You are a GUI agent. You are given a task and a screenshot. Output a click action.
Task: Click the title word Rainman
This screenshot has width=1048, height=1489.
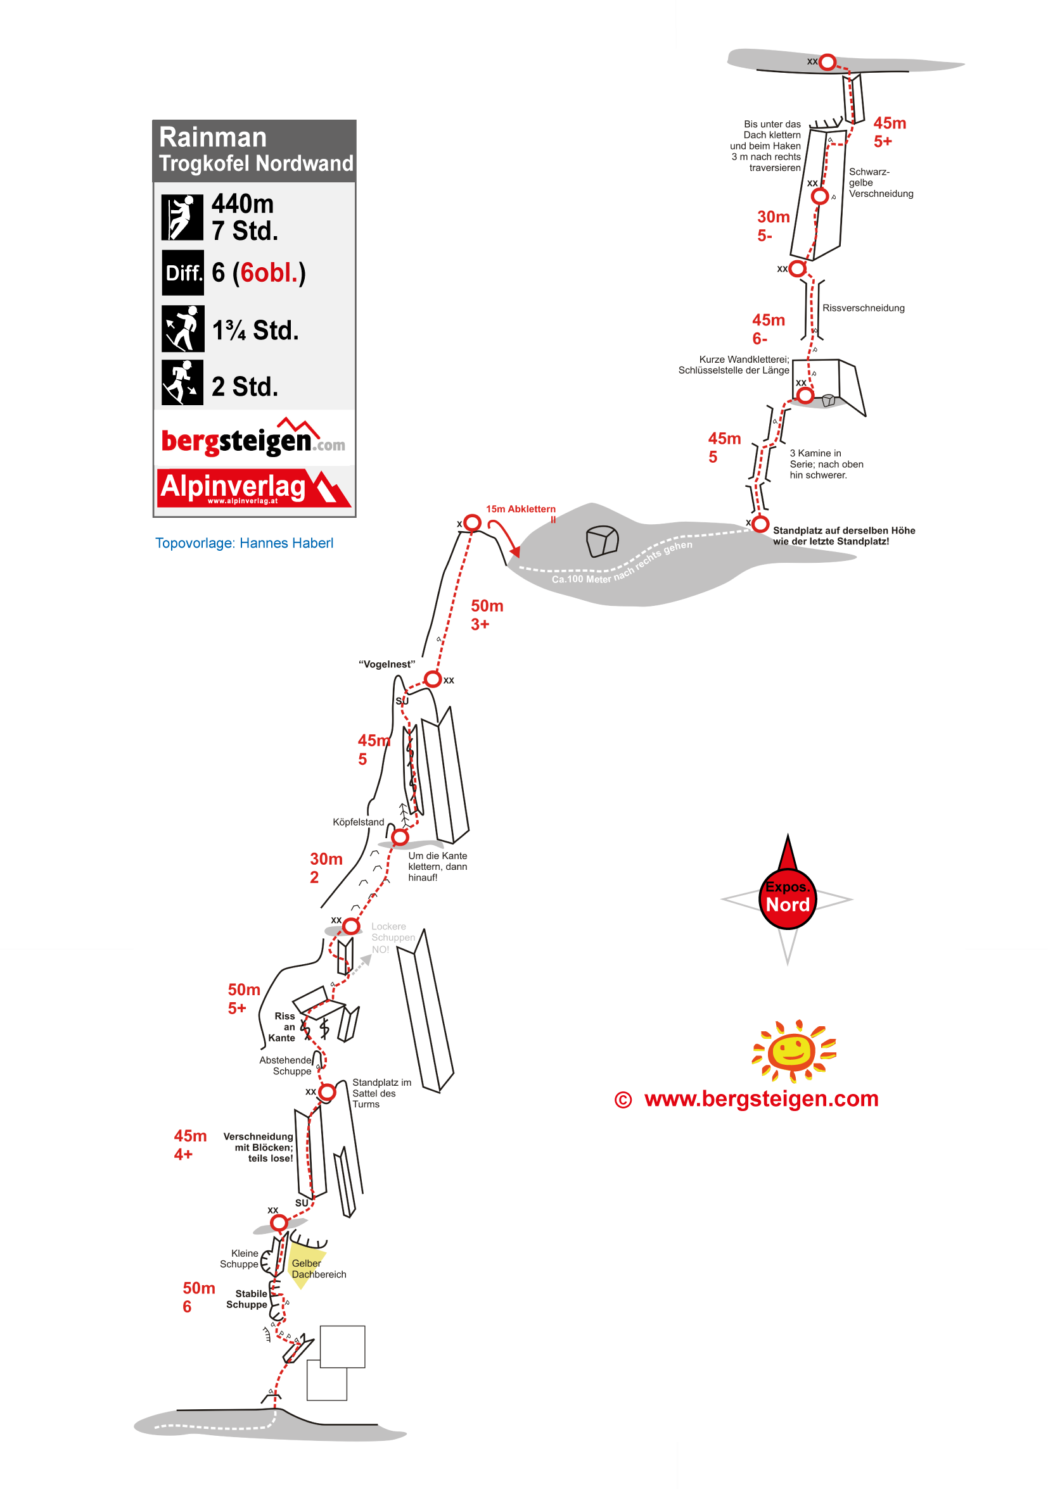tap(212, 137)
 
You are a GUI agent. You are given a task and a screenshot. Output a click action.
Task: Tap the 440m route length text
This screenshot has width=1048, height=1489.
tap(242, 204)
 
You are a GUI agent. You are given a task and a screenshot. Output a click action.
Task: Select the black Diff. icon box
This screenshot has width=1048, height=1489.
tap(182, 272)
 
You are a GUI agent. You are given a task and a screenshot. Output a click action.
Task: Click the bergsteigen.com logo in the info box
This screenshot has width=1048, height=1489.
tap(252, 439)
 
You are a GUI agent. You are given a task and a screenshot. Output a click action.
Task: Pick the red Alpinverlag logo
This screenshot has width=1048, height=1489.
tap(253, 487)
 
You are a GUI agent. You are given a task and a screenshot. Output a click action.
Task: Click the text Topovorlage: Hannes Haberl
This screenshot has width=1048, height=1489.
tap(244, 543)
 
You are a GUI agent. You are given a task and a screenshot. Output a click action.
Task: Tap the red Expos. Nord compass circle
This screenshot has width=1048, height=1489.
tap(787, 898)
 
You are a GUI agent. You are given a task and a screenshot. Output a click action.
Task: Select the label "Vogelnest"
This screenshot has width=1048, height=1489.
tap(387, 664)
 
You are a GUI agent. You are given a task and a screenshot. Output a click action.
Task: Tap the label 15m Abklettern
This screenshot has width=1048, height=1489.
tap(520, 509)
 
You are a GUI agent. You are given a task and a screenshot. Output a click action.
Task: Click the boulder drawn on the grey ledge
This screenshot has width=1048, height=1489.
tap(601, 541)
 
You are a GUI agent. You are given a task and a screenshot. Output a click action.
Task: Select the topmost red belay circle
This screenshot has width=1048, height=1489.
tap(827, 62)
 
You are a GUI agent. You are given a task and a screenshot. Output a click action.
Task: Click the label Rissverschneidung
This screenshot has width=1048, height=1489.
tap(863, 308)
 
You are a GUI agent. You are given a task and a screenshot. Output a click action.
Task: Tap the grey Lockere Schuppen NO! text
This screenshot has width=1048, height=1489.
tap(392, 938)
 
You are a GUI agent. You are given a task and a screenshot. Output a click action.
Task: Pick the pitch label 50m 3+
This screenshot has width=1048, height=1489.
tap(487, 615)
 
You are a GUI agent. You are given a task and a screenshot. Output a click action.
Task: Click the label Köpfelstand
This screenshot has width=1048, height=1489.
tap(358, 822)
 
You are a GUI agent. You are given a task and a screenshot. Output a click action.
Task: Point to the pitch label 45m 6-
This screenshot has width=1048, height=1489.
tap(768, 329)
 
